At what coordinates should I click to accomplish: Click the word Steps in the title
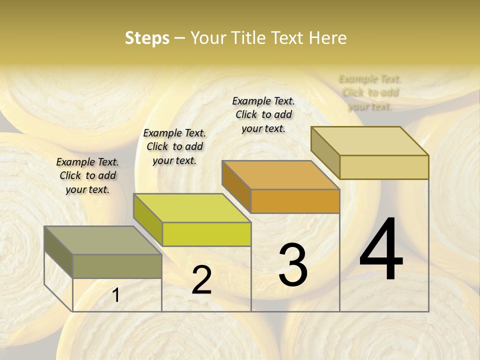point(147,38)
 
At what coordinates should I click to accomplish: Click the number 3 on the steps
point(293,265)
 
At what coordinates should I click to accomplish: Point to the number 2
point(201,280)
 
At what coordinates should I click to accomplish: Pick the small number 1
point(116,295)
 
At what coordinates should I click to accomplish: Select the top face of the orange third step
point(280,175)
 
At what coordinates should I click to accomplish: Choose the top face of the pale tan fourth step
point(369,141)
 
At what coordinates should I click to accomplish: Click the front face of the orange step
point(295,201)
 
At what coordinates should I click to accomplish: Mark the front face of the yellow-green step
point(206,234)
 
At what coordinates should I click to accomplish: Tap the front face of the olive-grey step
point(117,266)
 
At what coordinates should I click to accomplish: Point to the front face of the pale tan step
point(384,167)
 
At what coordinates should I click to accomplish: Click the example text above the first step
point(87,175)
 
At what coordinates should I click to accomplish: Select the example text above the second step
point(174,146)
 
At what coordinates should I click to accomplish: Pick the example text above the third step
point(263,114)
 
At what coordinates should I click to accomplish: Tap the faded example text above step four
point(370,92)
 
